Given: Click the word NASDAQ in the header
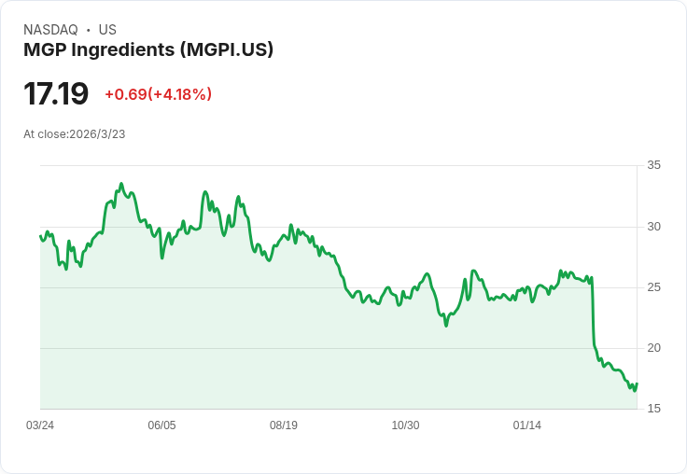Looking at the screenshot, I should click(50, 30).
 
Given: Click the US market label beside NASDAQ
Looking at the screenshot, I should click(107, 30).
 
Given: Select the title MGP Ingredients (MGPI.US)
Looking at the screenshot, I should click(148, 50).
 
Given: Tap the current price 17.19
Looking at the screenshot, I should click(56, 94).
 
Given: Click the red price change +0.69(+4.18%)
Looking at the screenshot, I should click(158, 94).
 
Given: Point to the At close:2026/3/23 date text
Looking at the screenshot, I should click(75, 134).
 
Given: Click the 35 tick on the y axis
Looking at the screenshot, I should click(653, 165).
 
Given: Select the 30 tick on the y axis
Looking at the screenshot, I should click(653, 227).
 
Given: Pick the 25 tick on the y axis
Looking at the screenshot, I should click(653, 287).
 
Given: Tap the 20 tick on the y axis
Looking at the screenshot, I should click(653, 348).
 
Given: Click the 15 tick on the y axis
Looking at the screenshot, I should click(653, 409).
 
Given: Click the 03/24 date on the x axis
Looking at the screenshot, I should click(40, 425).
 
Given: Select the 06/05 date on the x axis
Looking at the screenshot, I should click(161, 425).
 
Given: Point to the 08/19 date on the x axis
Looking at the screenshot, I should click(284, 425).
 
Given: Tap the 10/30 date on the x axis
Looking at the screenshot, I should click(405, 425).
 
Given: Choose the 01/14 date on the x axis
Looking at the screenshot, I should click(527, 425).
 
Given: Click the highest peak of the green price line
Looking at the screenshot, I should click(121, 185).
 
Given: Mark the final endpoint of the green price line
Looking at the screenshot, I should click(637, 383).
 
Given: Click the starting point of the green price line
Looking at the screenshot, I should click(40, 235).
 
